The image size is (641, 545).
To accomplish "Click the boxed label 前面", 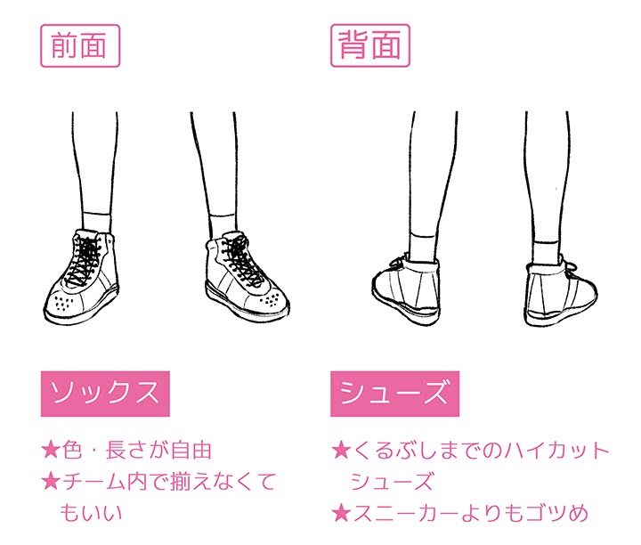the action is point(80,45).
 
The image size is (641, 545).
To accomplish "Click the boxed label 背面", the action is point(370,45).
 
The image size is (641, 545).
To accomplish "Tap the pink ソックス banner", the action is point(105,394).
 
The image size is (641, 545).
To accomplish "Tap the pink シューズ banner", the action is point(394,394).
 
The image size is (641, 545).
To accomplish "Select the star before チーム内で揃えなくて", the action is point(50,483).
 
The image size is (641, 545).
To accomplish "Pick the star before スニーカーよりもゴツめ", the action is point(340,513).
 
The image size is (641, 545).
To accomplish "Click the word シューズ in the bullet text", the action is point(392,483).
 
